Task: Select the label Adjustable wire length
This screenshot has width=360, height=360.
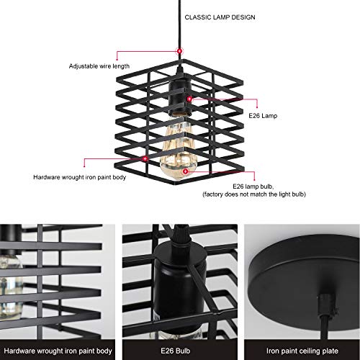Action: point(100,66)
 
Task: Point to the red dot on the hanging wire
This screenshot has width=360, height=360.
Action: point(179,50)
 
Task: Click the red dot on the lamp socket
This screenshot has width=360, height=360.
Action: point(189,97)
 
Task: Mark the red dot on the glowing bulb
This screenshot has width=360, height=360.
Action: point(186,172)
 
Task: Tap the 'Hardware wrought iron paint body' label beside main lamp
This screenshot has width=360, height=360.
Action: point(80,176)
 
